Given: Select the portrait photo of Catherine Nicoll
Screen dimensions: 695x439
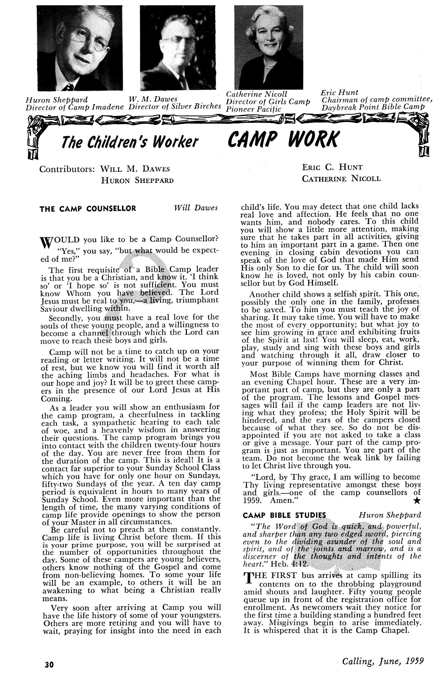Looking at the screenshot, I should point(268,47).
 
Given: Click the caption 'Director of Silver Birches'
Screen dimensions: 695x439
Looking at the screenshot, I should point(175,106).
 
